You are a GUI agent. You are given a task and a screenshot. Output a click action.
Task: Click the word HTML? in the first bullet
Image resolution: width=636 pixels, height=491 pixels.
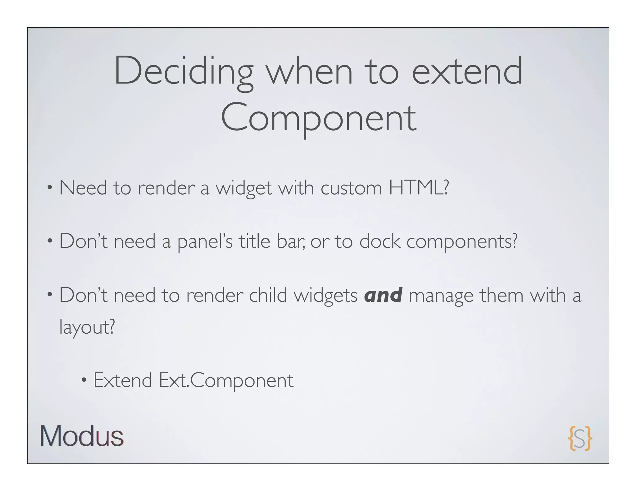tap(419, 188)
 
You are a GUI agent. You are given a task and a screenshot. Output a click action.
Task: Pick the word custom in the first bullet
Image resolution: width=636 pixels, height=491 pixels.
tap(351, 188)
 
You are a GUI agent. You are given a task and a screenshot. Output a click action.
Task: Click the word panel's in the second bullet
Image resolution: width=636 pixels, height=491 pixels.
tap(205, 241)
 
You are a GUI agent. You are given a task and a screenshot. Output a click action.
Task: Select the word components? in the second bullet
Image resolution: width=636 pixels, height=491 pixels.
tap(462, 241)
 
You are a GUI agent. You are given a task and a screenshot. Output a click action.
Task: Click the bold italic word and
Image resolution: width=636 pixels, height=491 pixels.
tap(383, 295)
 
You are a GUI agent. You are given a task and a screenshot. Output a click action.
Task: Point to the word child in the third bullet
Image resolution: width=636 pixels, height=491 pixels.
tap(268, 295)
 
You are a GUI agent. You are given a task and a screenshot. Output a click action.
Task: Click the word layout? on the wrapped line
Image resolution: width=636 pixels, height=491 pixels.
tap(87, 327)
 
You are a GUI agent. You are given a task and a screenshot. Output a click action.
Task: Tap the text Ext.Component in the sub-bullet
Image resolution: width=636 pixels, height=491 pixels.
tap(226, 381)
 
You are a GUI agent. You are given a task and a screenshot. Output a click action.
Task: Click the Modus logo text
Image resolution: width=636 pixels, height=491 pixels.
tap(82, 436)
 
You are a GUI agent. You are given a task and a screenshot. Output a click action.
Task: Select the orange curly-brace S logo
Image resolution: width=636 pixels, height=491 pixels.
tap(580, 438)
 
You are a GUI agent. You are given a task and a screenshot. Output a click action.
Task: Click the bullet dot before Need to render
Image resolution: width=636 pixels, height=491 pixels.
tap(50, 188)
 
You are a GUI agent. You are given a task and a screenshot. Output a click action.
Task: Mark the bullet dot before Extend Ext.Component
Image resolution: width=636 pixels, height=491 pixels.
tap(84, 381)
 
